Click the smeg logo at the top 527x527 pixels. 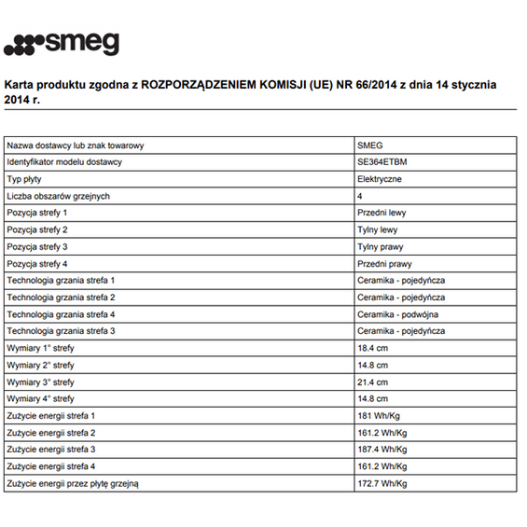click(62, 44)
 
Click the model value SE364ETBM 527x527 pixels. click(381, 162)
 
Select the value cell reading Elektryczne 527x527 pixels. click(380, 179)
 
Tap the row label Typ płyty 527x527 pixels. click(26, 179)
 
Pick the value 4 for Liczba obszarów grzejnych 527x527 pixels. click(360, 196)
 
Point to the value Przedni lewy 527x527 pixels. click(381, 213)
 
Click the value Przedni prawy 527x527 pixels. click(383, 263)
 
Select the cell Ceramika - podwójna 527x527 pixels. click(397, 314)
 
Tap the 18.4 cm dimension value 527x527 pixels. click(372, 348)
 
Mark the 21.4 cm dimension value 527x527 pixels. click(372, 381)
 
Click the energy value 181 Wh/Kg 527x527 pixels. click(379, 415)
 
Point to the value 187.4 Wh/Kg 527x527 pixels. click(382, 449)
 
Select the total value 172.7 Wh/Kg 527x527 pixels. click(382, 483)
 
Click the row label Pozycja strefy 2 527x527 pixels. click(37, 229)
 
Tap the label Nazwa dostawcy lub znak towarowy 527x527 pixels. click(75, 146)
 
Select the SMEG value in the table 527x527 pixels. click(370, 146)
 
